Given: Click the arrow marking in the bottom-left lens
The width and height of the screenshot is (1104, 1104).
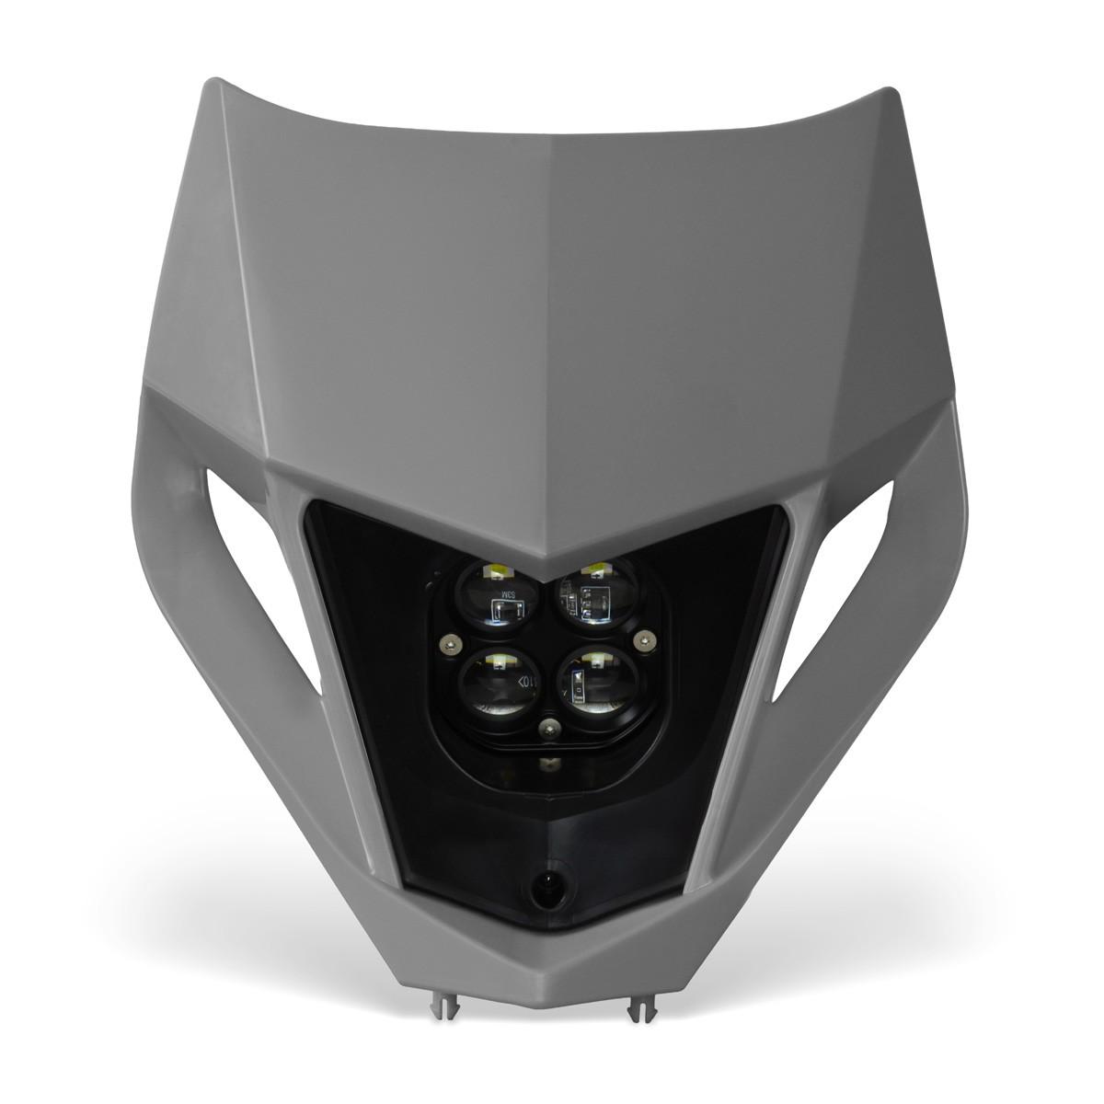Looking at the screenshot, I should coord(524,682).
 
